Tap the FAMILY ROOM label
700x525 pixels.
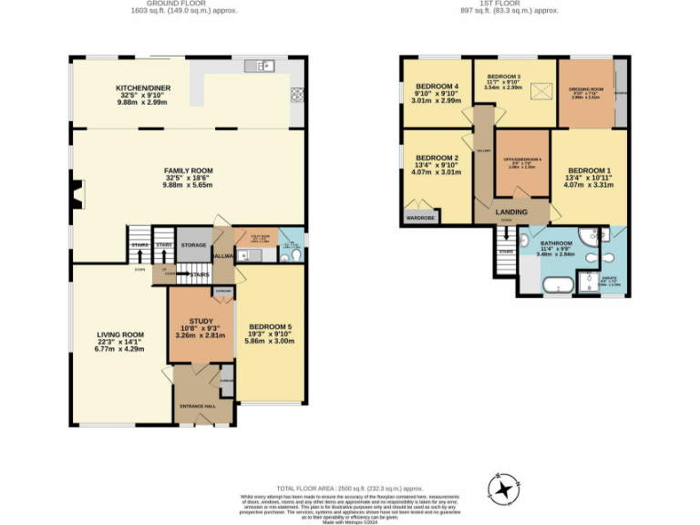click(188, 170)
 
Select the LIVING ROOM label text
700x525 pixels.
click(121, 335)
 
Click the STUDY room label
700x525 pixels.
click(201, 321)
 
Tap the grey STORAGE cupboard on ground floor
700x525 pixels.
click(192, 245)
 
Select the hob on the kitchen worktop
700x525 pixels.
click(297, 93)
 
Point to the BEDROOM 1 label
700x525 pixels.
click(588, 170)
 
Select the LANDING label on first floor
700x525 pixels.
click(511, 212)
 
